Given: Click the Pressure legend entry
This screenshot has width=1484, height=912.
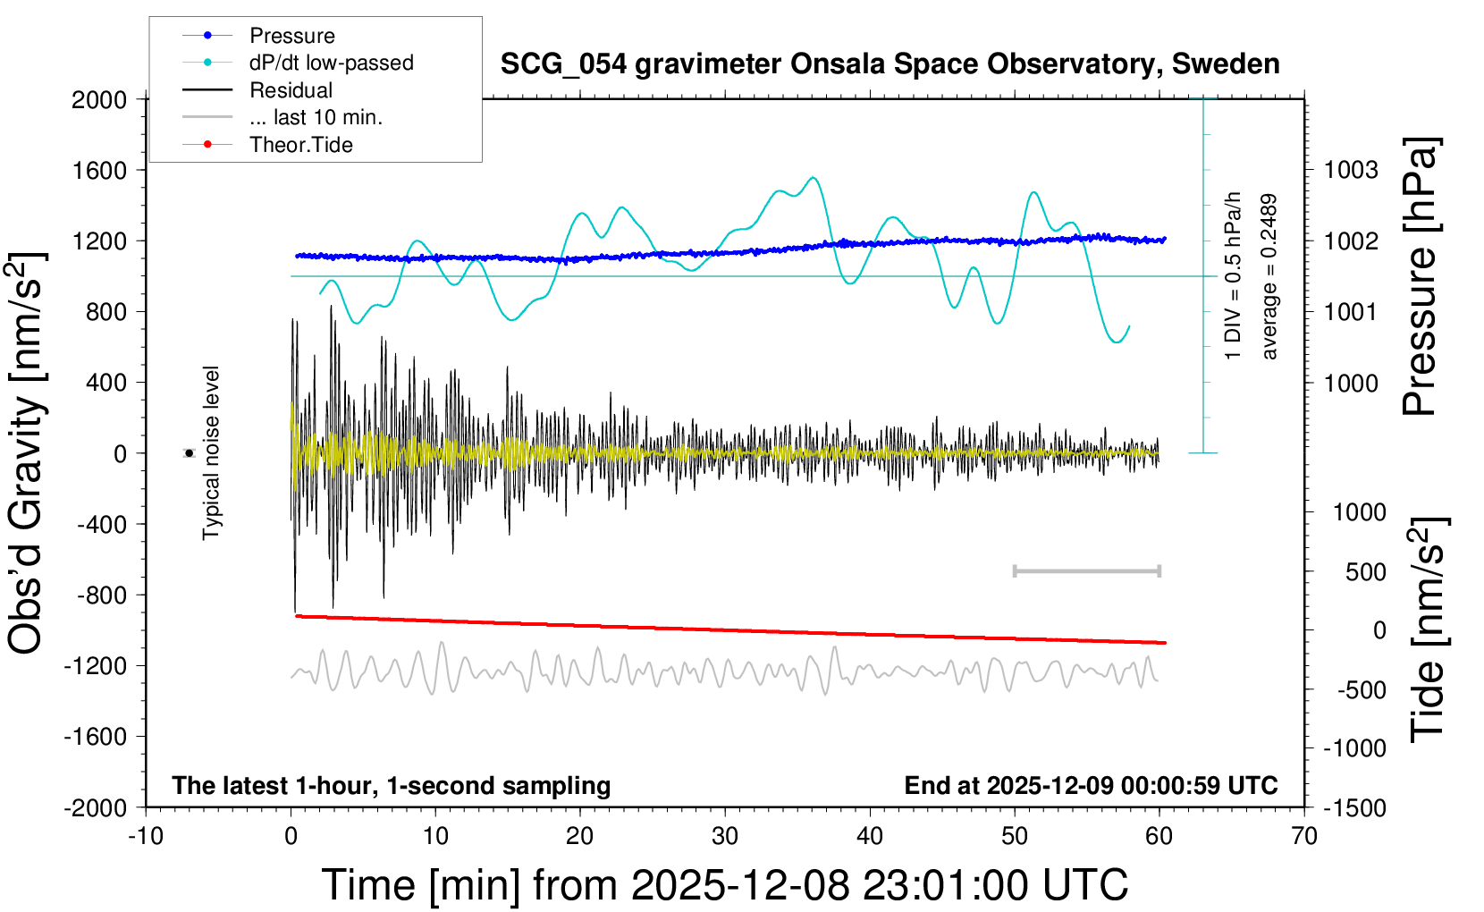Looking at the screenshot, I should tap(291, 36).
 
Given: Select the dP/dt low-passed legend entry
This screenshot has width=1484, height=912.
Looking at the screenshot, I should tap(331, 63).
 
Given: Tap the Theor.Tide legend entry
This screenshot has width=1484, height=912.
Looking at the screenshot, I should tap(300, 145).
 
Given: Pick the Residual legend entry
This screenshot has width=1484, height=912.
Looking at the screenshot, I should tap(291, 90).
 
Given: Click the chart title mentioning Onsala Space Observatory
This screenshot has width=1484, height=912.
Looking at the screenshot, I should tap(890, 64).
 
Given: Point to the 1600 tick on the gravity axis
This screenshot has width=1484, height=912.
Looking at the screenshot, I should tap(99, 170).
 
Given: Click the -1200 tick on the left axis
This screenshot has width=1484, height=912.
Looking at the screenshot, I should tap(95, 665).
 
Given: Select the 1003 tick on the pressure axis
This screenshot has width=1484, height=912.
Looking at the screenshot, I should tap(1351, 170).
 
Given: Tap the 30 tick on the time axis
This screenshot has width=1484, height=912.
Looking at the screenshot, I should tap(725, 836).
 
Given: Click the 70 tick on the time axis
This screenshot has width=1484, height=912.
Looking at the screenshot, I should tap(1304, 836).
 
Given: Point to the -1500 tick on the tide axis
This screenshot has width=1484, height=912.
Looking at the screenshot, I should tap(1354, 807).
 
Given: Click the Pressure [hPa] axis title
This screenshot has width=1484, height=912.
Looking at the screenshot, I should tap(1420, 277).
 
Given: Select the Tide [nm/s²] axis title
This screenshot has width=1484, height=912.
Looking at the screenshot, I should tap(1428, 629).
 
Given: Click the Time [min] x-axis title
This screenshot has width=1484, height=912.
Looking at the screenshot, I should tap(724, 885).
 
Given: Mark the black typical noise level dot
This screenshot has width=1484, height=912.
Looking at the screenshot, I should tap(190, 453).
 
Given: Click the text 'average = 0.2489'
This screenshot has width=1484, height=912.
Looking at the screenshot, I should tap(1269, 277).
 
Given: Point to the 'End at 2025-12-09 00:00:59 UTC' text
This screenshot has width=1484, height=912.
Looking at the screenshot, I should tap(1091, 785).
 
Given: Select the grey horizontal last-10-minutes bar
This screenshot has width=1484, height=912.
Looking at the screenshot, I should tap(1086, 570).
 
